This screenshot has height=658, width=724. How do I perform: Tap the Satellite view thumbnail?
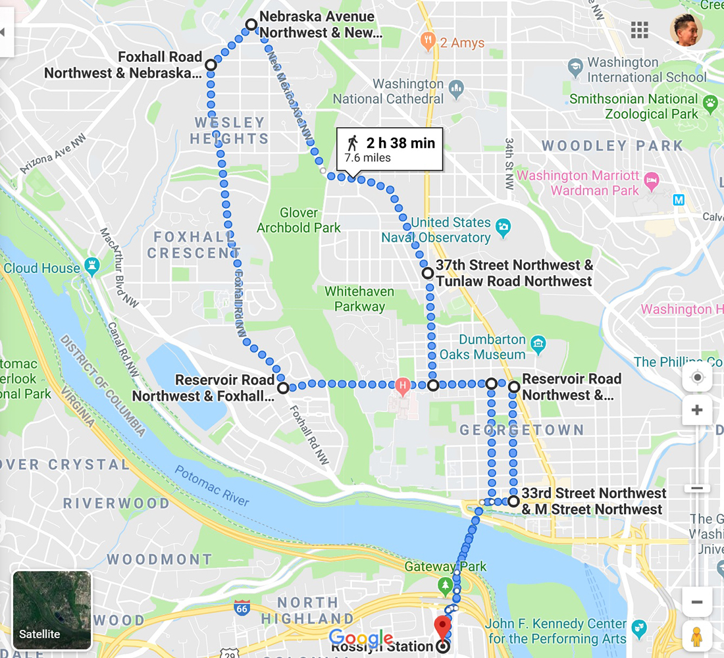click(53, 610)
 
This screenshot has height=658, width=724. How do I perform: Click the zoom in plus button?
click(697, 411)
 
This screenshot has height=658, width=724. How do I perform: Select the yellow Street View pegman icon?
click(697, 637)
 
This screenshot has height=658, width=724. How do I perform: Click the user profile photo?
click(686, 30)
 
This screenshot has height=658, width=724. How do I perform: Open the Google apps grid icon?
click(639, 30)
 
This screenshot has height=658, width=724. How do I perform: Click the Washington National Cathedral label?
click(388, 91)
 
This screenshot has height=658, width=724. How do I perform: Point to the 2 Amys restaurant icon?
click(428, 43)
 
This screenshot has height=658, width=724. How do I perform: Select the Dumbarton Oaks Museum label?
click(492, 347)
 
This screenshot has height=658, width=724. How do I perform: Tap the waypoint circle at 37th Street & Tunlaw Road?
click(427, 272)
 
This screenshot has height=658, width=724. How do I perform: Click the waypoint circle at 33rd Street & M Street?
click(513, 501)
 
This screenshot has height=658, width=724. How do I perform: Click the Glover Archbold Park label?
click(299, 220)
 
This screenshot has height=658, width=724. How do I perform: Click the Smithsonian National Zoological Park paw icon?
click(710, 102)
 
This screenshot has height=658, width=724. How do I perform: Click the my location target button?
click(697, 378)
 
